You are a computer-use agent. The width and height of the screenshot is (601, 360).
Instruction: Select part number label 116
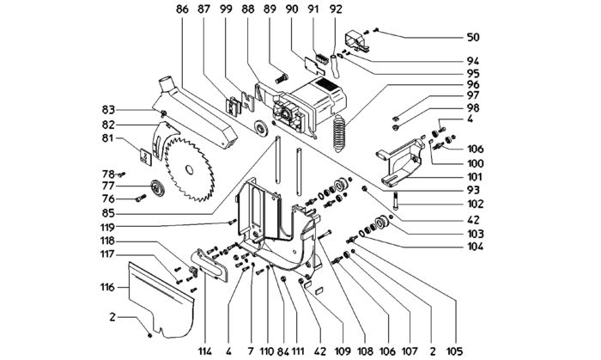click(x=108, y=287)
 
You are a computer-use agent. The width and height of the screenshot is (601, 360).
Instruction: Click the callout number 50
click(x=473, y=37)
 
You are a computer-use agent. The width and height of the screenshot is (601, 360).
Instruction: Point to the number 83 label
click(x=108, y=110)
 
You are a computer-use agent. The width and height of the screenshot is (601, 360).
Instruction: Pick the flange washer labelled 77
click(x=156, y=188)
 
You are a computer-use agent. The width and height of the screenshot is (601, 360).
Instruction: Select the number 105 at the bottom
click(x=455, y=351)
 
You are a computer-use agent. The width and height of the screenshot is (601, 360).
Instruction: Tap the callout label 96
click(x=473, y=84)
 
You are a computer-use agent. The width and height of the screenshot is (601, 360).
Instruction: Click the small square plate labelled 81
click(x=145, y=157)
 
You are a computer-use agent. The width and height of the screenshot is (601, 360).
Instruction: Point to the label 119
click(x=107, y=227)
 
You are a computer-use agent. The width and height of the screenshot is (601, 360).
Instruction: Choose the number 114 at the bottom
click(x=205, y=351)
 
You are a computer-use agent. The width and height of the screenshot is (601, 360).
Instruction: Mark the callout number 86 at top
click(x=182, y=9)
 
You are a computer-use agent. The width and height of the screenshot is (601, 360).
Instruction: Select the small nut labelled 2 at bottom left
click(x=150, y=335)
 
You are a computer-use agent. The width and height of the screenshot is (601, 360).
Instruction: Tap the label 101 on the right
click(x=475, y=177)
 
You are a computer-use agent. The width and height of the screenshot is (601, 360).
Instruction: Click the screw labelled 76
click(x=141, y=198)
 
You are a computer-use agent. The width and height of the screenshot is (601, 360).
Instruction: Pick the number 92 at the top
click(x=336, y=9)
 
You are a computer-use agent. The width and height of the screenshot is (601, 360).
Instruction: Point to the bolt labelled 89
click(x=282, y=78)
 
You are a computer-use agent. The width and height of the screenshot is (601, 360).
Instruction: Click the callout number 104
click(x=476, y=246)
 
